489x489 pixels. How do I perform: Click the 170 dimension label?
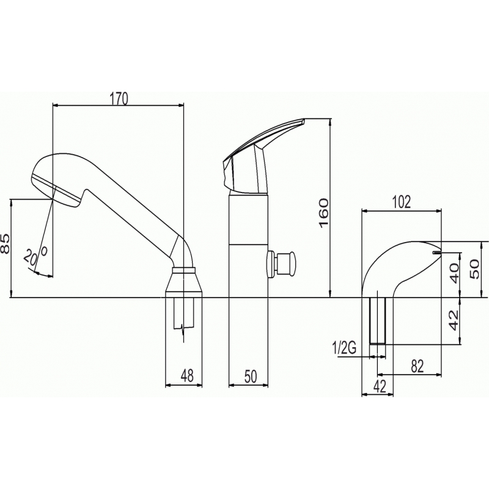pyautogui.click(x=119, y=99)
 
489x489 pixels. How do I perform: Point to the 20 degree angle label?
pyautogui.click(x=35, y=255)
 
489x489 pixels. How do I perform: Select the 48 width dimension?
pyautogui.click(x=187, y=376)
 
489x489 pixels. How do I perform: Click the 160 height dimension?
pyautogui.click(x=323, y=213)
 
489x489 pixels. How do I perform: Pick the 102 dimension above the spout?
pyautogui.click(x=402, y=202)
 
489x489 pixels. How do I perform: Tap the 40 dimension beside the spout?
pyautogui.click(x=454, y=273)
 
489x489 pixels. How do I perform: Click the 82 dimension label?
pyautogui.click(x=417, y=366)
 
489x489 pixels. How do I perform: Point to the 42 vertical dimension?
pyautogui.click(x=454, y=320)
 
